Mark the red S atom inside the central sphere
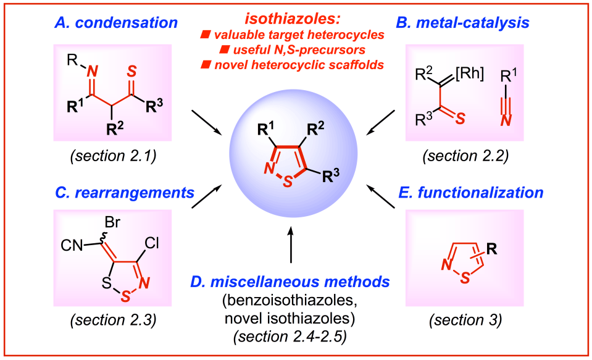[x=287, y=180]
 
